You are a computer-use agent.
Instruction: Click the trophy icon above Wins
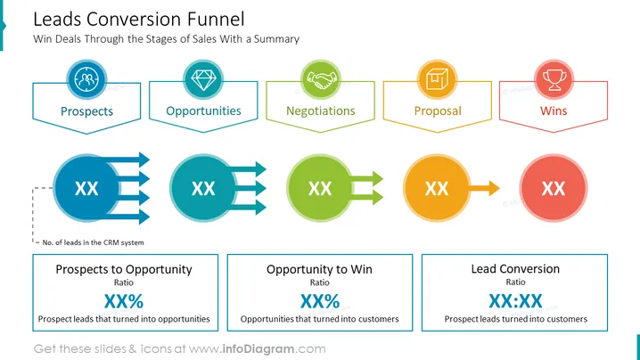coord(554,79)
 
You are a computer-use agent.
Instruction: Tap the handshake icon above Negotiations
coord(320,79)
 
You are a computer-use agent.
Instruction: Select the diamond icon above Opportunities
coord(203,79)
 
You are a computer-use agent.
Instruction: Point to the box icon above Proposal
coord(437,79)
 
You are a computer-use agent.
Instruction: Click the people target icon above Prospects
coord(86,79)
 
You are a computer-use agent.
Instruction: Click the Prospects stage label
coord(87,111)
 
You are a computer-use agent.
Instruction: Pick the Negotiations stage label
coord(321,111)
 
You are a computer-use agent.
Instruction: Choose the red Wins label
coord(554,110)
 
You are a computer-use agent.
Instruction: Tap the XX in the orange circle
coord(437,189)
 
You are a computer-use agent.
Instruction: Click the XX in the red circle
coord(554,189)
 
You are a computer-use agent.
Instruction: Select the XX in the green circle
coord(320,189)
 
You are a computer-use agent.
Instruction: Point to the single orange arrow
coord(484,188)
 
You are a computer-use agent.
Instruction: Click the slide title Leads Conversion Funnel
coord(139,20)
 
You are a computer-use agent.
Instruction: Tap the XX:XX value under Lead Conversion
coord(515,301)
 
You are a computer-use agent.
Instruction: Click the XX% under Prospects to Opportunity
coord(124,301)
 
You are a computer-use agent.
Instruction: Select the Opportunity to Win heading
coord(320,269)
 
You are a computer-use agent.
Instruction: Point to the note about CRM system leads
coord(93,242)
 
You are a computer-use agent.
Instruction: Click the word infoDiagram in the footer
coord(258,349)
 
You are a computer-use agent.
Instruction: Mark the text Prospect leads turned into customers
coord(516,319)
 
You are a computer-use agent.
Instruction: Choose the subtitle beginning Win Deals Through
coord(166,39)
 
